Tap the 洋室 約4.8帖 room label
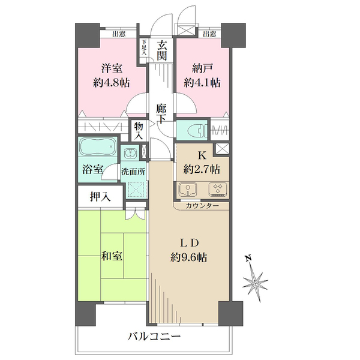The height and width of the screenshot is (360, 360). pos(112,76)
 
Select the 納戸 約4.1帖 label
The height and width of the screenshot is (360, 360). pos(202,76)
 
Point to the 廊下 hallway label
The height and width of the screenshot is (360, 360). pos(161,114)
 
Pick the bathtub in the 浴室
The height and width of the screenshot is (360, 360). pos(98,146)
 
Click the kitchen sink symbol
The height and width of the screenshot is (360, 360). pos(188,190)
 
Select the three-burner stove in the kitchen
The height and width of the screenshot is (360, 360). pos(218,190)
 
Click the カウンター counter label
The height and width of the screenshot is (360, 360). pos(202,206)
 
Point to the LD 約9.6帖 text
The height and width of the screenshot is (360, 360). pos(189,250)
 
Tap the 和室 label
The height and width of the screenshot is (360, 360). pos(112,256)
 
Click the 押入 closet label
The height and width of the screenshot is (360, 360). pos(100,197)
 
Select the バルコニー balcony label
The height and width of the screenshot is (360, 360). pos(154,337)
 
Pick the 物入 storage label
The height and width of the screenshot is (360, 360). pos(139,131)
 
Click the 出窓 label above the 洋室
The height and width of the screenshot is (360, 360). pos(119,34)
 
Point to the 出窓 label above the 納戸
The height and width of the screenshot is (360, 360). pos(209,34)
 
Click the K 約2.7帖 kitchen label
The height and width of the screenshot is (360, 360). pos(202,163)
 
